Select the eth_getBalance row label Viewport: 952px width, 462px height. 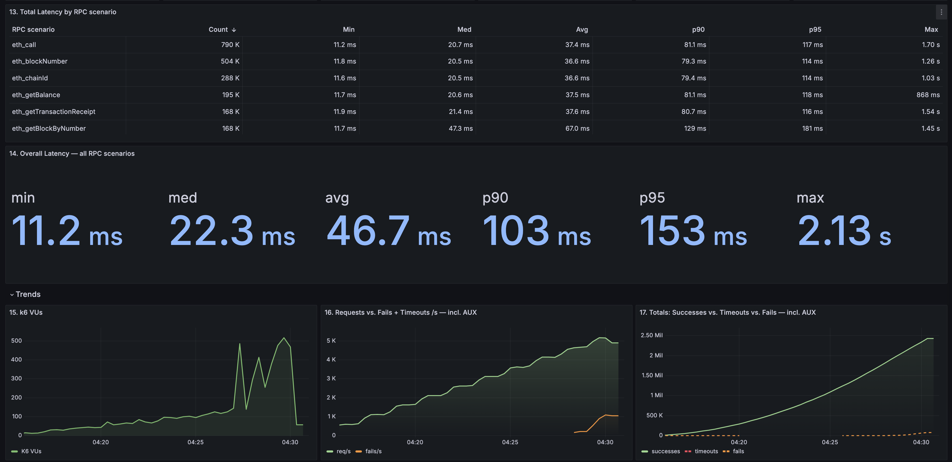[x=36, y=95]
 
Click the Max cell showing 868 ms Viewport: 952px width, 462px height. [x=928, y=95]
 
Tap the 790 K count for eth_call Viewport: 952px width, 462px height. [x=230, y=45]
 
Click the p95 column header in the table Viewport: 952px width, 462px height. [x=815, y=29]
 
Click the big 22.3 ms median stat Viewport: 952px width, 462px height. [x=232, y=231]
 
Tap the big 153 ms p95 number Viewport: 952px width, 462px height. [x=693, y=231]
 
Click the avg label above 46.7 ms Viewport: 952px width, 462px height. [x=337, y=198]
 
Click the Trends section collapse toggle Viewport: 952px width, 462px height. [x=12, y=295]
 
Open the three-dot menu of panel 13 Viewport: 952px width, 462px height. [x=941, y=12]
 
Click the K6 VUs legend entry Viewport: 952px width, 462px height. [x=31, y=451]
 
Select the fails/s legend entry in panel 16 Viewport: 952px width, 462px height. [x=373, y=451]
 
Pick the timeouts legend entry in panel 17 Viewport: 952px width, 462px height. [x=706, y=451]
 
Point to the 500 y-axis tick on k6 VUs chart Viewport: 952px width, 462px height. [x=16, y=341]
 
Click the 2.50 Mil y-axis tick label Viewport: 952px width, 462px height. [x=651, y=335]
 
